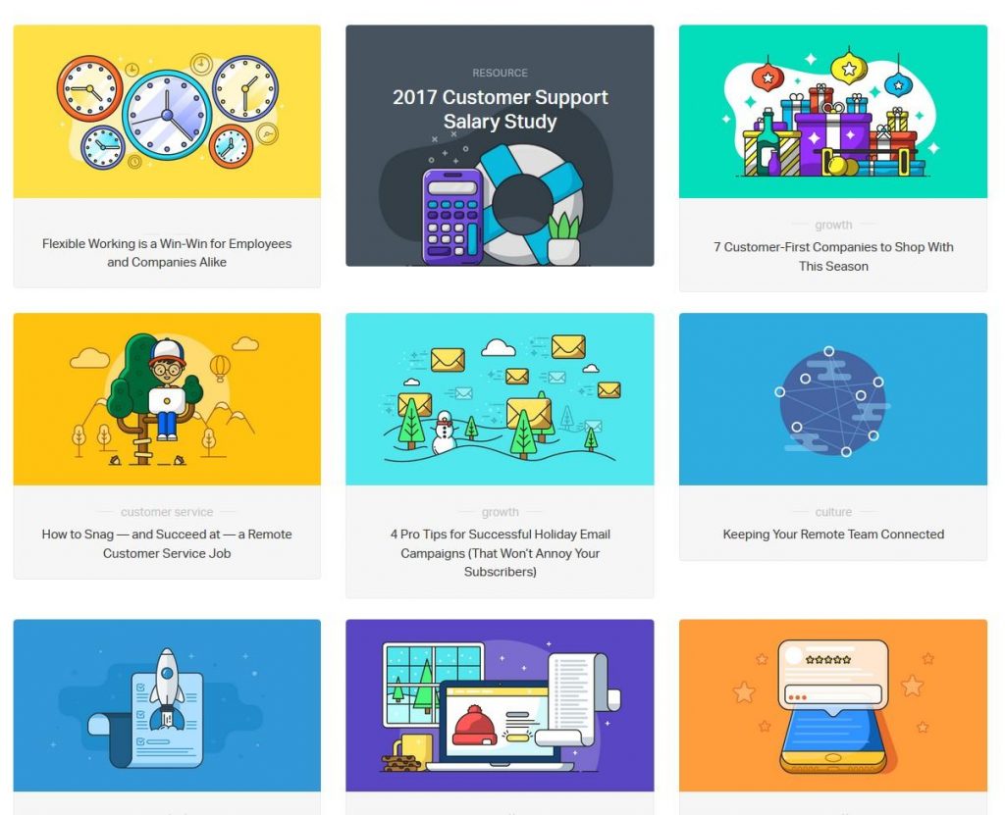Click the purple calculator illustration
click(452, 216)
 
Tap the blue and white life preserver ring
click(528, 204)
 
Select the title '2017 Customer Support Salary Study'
click(500, 110)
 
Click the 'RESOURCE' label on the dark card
click(500, 73)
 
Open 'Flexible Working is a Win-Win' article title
click(167, 253)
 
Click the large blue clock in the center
click(167, 114)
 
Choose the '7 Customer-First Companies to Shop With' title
click(833, 256)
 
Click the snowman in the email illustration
click(444, 433)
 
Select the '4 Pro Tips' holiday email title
click(500, 553)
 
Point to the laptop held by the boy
click(168, 399)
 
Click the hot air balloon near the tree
click(221, 367)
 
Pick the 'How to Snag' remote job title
click(167, 543)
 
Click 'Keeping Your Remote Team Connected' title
click(833, 535)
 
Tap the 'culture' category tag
click(833, 512)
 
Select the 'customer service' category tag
click(167, 512)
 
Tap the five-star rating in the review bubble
click(827, 660)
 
